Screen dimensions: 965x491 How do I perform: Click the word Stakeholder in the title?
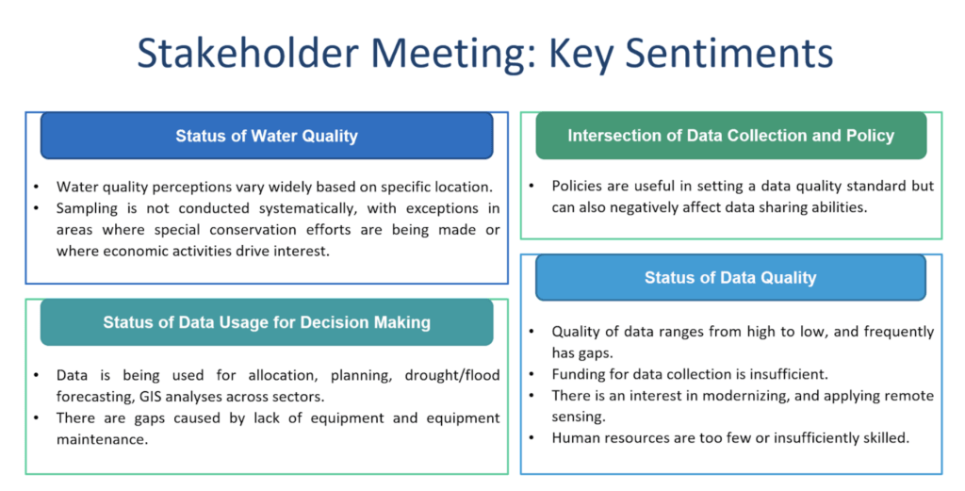247,53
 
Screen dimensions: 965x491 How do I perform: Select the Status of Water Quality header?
267,136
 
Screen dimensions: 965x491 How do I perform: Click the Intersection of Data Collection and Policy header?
730,136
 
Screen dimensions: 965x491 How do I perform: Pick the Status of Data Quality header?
730,277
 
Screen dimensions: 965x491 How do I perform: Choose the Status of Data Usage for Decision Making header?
267,322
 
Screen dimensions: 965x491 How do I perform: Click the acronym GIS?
143,397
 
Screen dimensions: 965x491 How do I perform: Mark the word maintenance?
102,439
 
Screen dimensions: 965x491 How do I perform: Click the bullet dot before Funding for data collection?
532,374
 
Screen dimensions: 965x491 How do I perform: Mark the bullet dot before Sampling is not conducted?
37,208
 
